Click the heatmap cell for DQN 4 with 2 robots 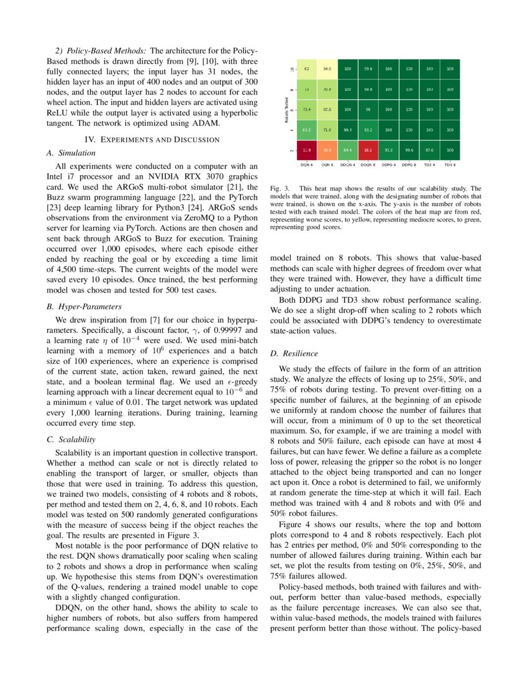pyautogui.click(x=306, y=150)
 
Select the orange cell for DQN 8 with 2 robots pyautogui.click(x=327, y=150)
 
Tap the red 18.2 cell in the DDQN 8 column pyautogui.click(x=368, y=150)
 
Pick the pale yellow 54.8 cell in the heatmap pyautogui.click(x=327, y=70)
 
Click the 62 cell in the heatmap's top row pyautogui.click(x=306, y=70)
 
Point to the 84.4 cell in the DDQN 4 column pyautogui.click(x=347, y=150)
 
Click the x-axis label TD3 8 pyautogui.click(x=450, y=165)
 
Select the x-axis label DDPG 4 pyautogui.click(x=388, y=165)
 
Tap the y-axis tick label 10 pyautogui.click(x=292, y=70)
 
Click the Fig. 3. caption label pyautogui.click(x=279, y=188)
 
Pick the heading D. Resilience pyautogui.click(x=294, y=353)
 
